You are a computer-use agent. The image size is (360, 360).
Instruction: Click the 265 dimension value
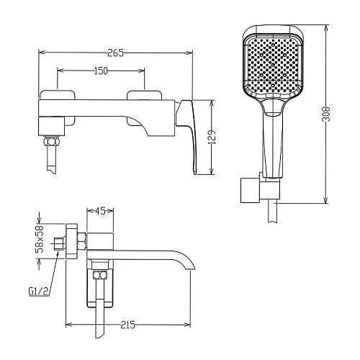[115, 53]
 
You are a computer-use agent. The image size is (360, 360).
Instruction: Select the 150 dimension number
[101, 71]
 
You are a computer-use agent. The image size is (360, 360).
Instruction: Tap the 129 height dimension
[212, 137]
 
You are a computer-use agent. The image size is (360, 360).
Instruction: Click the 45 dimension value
[100, 211]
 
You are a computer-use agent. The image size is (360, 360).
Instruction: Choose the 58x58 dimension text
[40, 239]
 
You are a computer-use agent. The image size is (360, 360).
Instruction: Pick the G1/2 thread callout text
[38, 292]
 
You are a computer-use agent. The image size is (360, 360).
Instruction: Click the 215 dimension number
[128, 325]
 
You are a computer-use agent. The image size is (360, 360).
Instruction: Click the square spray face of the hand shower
[274, 64]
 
